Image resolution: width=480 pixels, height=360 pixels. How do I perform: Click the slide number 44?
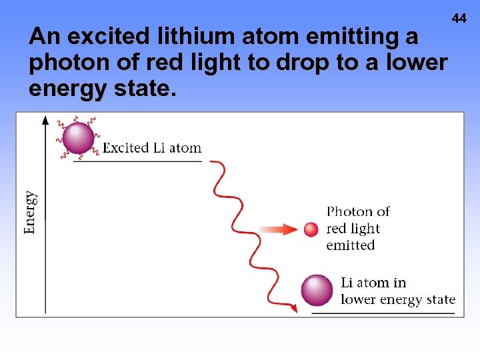pyautogui.click(x=459, y=19)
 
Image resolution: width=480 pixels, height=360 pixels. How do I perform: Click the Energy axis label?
pyautogui.click(x=31, y=212)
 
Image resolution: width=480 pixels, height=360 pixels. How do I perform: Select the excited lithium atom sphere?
pyautogui.click(x=78, y=139)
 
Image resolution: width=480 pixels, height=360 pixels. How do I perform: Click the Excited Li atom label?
pyautogui.click(x=152, y=148)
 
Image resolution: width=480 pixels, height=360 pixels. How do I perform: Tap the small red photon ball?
pyautogui.click(x=311, y=230)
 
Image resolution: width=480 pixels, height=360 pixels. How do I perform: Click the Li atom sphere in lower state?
pyautogui.click(x=317, y=290)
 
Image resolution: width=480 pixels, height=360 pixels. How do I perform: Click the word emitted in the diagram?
pyautogui.click(x=351, y=245)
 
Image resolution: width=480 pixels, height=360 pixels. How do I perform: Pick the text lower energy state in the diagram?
pyautogui.click(x=398, y=300)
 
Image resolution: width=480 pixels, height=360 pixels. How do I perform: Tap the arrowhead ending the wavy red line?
pyautogui.click(x=293, y=308)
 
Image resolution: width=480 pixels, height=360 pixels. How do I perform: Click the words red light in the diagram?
pyautogui.click(x=353, y=229)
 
